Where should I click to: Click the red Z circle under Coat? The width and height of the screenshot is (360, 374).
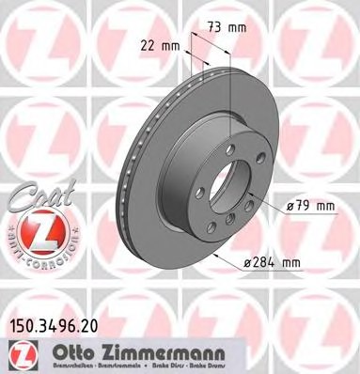click(x=37, y=228)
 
